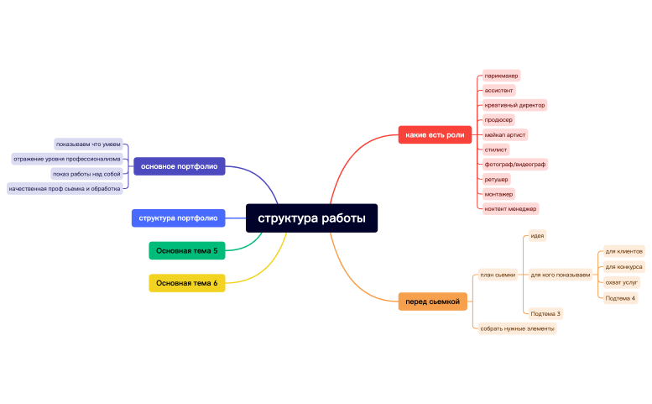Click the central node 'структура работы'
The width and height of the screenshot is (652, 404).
click(x=311, y=218)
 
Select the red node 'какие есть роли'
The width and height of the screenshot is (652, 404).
click(x=434, y=134)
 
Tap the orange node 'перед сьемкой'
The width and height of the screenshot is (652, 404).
click(x=432, y=302)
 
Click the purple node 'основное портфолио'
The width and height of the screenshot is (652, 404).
click(x=179, y=166)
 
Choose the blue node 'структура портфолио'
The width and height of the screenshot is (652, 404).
click(x=178, y=218)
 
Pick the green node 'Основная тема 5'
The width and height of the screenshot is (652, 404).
click(x=186, y=250)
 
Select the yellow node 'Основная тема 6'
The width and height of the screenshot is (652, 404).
click(x=186, y=283)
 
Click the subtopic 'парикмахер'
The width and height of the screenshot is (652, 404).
click(x=501, y=76)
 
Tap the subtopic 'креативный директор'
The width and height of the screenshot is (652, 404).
click(x=514, y=105)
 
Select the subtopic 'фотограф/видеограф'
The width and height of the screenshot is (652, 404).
click(x=514, y=164)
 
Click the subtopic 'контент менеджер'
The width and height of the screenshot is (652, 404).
click(x=510, y=208)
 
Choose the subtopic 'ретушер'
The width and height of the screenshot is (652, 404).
click(x=496, y=179)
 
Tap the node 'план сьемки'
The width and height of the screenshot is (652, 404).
click(x=497, y=275)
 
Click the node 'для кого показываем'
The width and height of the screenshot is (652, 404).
click(x=560, y=275)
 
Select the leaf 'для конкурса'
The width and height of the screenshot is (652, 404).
click(x=623, y=266)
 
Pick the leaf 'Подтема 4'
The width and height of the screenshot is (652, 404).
click(x=620, y=298)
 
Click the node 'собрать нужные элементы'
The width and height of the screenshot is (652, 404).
click(x=517, y=328)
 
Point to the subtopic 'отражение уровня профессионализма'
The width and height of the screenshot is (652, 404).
click(x=66, y=158)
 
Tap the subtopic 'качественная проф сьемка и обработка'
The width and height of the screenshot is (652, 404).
click(x=65, y=188)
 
